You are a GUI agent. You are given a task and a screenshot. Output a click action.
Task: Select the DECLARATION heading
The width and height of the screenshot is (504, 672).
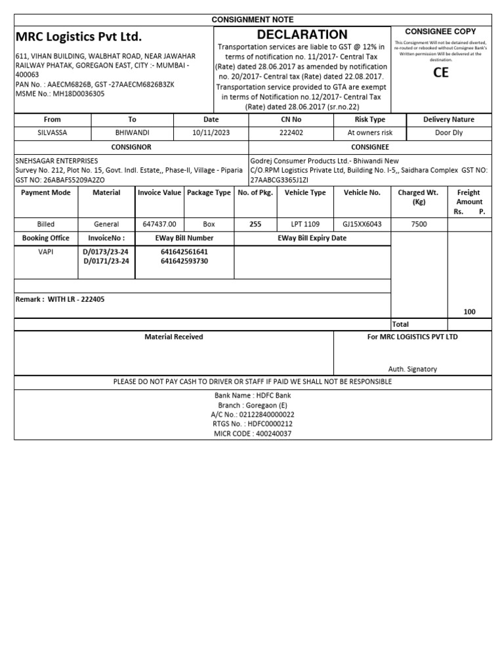pyautogui.click(x=302, y=35)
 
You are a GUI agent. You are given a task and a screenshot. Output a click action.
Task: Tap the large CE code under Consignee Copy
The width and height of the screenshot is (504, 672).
pyautogui.click(x=441, y=72)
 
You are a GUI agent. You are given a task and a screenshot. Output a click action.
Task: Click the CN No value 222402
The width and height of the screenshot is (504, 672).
pyautogui.click(x=291, y=133)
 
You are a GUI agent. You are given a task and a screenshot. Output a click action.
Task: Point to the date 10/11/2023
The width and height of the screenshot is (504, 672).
pyautogui.click(x=211, y=133)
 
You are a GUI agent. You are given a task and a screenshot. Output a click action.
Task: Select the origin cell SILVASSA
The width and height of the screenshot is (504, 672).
pyautogui.click(x=52, y=133)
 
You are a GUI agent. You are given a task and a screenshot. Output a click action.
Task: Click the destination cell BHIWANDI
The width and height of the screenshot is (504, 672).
pyautogui.click(x=132, y=133)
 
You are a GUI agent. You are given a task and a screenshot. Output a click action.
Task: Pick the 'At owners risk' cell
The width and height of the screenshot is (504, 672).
pyautogui.click(x=370, y=133)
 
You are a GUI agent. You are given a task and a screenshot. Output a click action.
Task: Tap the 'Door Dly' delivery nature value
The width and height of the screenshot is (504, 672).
pyautogui.click(x=449, y=133)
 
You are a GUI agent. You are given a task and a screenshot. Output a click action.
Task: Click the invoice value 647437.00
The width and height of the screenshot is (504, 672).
pyautogui.click(x=159, y=224)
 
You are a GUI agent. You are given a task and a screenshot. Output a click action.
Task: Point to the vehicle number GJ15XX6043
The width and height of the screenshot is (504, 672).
pyautogui.click(x=362, y=224)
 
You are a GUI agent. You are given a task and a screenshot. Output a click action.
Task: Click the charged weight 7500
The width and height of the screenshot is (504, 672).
pyautogui.click(x=419, y=224)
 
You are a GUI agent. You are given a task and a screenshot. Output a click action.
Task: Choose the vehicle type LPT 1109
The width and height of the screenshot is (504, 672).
pyautogui.click(x=304, y=224)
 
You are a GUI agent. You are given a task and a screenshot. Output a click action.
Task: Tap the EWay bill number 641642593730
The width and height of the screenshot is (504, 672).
pyautogui.click(x=184, y=261)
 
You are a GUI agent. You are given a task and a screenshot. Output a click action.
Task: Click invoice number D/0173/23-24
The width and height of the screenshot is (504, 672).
pyautogui.click(x=106, y=251)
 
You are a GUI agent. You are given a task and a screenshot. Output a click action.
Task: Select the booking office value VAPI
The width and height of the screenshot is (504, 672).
pyautogui.click(x=46, y=251)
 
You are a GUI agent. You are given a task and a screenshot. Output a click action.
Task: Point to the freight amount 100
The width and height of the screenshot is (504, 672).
pyautogui.click(x=469, y=312)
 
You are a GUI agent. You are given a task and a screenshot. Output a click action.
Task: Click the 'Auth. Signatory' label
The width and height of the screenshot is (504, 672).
pyautogui.click(x=412, y=369)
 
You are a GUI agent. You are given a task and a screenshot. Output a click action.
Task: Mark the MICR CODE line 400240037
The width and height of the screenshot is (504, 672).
pyautogui.click(x=253, y=434)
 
